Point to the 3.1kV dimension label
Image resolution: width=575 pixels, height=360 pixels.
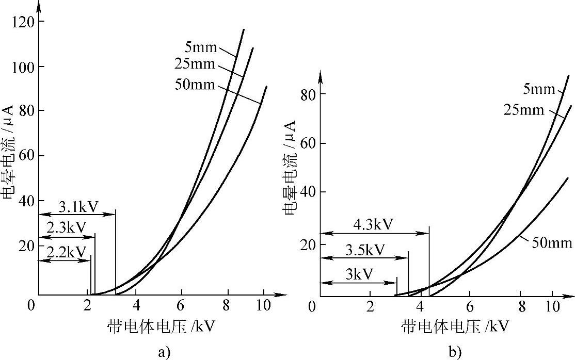click(x=76, y=208)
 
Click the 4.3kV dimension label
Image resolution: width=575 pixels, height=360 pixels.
click(x=374, y=225)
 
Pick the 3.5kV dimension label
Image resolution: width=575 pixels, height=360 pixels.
click(x=364, y=251)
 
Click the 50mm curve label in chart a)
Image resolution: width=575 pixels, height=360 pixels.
click(x=194, y=86)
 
